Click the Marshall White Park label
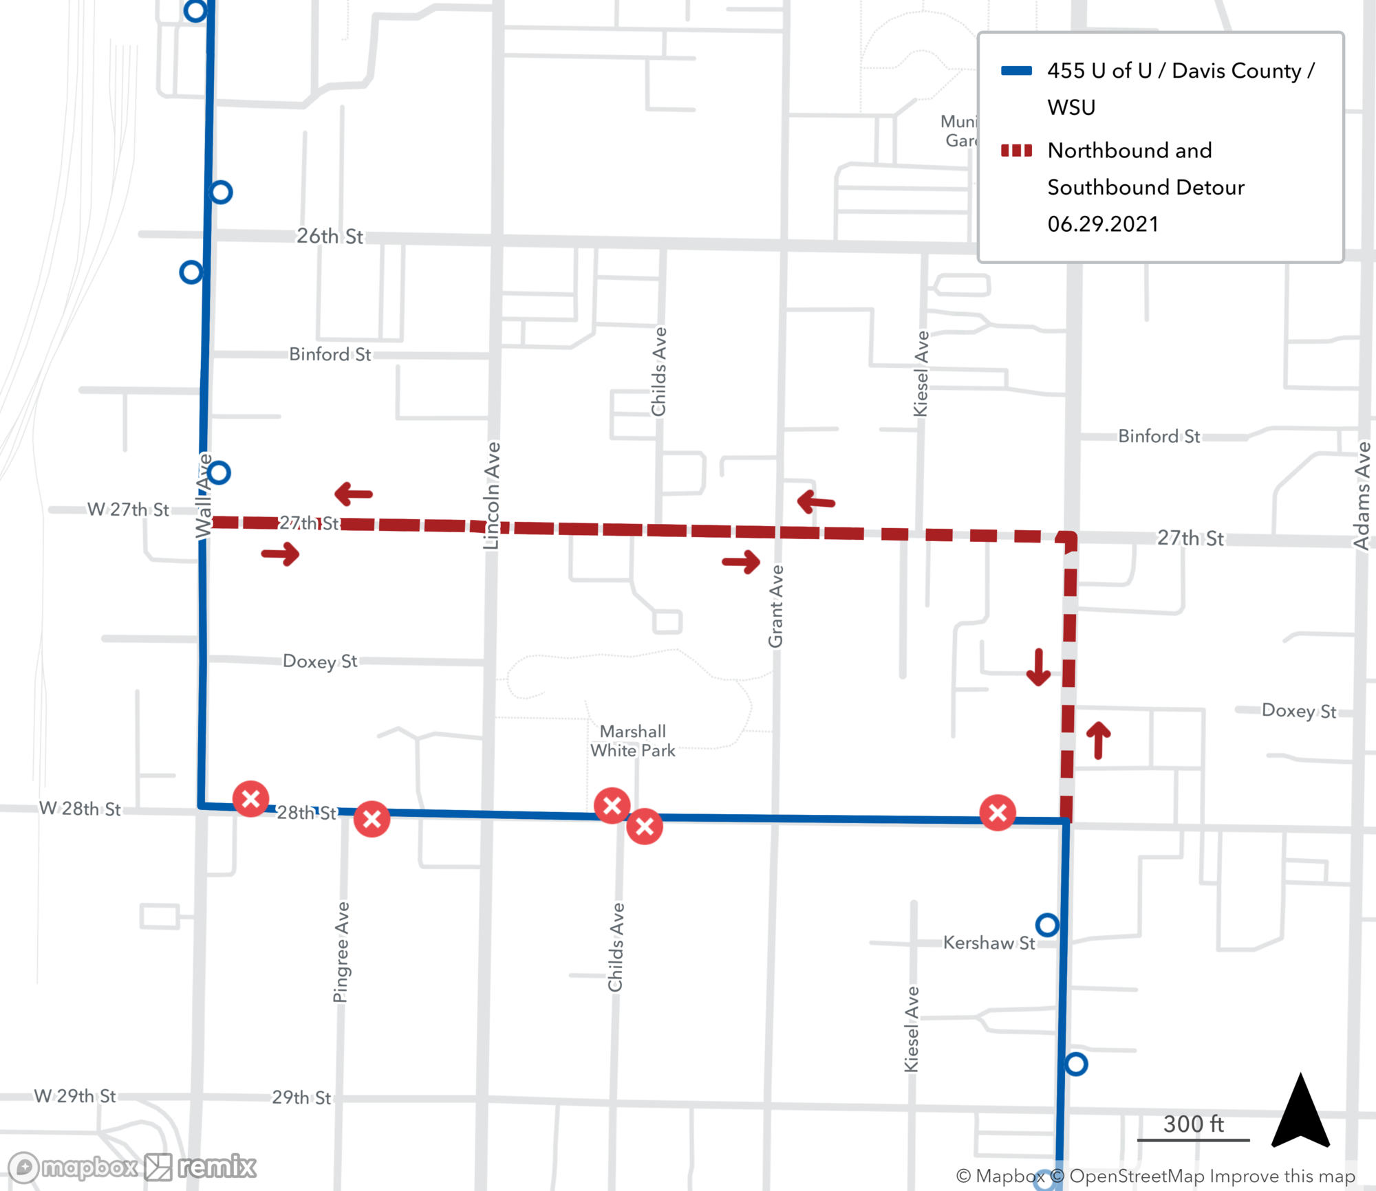[x=632, y=741]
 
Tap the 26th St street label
[x=330, y=236]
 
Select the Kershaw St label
[x=989, y=942]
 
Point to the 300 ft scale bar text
[x=1193, y=1124]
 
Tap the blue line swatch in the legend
[x=1015, y=71]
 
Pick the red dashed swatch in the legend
[x=1015, y=151]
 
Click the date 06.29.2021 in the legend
[x=1103, y=224]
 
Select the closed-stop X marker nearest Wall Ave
[x=250, y=798]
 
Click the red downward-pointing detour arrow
[x=1038, y=667]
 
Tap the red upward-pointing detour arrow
[x=1098, y=740]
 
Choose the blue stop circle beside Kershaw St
[x=1047, y=925]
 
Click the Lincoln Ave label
[x=492, y=495]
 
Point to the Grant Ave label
[x=776, y=606]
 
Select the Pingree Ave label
[x=341, y=952]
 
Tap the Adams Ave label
[x=1362, y=495]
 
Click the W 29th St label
[x=75, y=1096]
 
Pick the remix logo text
[x=216, y=1167]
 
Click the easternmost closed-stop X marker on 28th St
[x=998, y=813]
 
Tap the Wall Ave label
[x=203, y=495]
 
